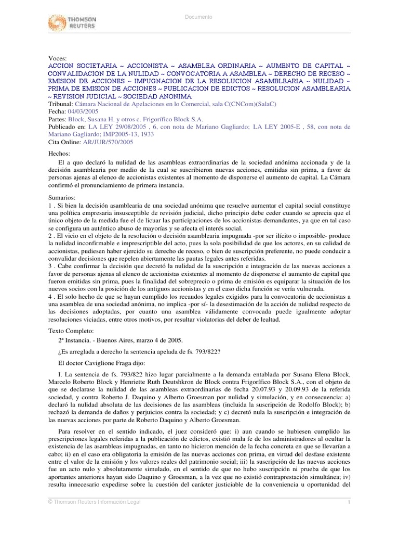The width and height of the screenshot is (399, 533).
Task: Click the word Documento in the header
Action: point(199,17)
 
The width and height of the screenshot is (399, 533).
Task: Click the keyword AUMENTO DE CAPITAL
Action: point(305,66)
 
